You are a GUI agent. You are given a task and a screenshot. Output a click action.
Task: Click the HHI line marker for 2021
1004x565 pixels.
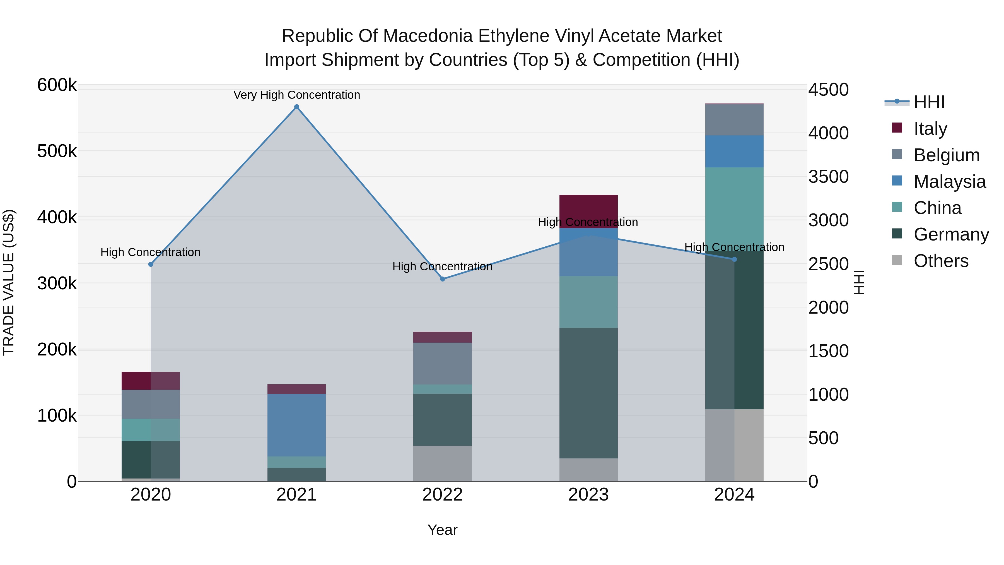(297, 107)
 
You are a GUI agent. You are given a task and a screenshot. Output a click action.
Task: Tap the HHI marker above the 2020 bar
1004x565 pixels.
(151, 265)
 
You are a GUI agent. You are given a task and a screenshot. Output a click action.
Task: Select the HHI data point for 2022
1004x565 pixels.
(442, 279)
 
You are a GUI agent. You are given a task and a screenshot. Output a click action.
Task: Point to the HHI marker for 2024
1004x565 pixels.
(734, 259)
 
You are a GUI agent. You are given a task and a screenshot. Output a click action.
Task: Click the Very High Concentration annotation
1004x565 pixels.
(297, 95)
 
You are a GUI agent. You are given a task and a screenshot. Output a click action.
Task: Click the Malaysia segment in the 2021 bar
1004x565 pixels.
(297, 425)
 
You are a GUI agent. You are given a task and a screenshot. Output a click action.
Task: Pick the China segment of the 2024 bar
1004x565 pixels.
(734, 203)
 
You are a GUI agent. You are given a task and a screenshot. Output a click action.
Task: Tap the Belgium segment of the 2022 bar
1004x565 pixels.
(442, 363)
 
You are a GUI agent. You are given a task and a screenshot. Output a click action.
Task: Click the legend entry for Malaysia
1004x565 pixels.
(949, 182)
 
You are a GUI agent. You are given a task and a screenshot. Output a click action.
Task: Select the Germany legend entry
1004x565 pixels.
(951, 234)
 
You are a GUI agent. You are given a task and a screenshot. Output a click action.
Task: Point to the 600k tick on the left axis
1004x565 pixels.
(57, 85)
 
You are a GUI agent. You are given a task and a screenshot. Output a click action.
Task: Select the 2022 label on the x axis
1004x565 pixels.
(442, 495)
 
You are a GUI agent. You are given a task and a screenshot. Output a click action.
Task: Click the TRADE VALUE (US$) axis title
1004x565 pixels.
(9, 282)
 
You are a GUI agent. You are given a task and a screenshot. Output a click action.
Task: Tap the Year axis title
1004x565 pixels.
(442, 530)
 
